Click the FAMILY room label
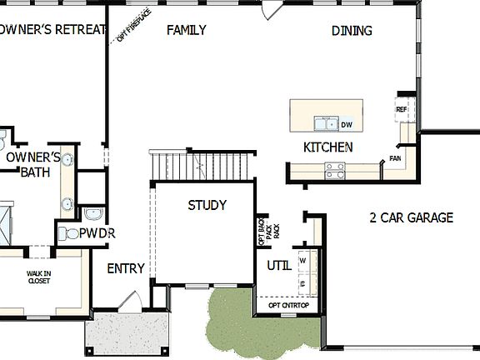[x=187, y=31]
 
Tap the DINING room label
[x=352, y=31]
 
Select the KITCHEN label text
[x=327, y=147]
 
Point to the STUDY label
[x=207, y=205]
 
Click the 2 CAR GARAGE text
[x=411, y=218]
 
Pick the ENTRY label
[x=126, y=268]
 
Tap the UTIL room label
[x=278, y=266]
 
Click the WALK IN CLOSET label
[x=38, y=277]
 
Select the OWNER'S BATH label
[x=33, y=164]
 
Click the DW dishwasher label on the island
[x=346, y=124]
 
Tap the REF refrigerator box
[x=402, y=109]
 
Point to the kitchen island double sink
[x=325, y=124]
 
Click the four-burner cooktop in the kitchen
[x=335, y=171]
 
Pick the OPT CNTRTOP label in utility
[x=288, y=305]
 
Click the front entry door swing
[x=128, y=301]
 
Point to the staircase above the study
[x=202, y=167]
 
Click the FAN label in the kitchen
[x=395, y=157]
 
